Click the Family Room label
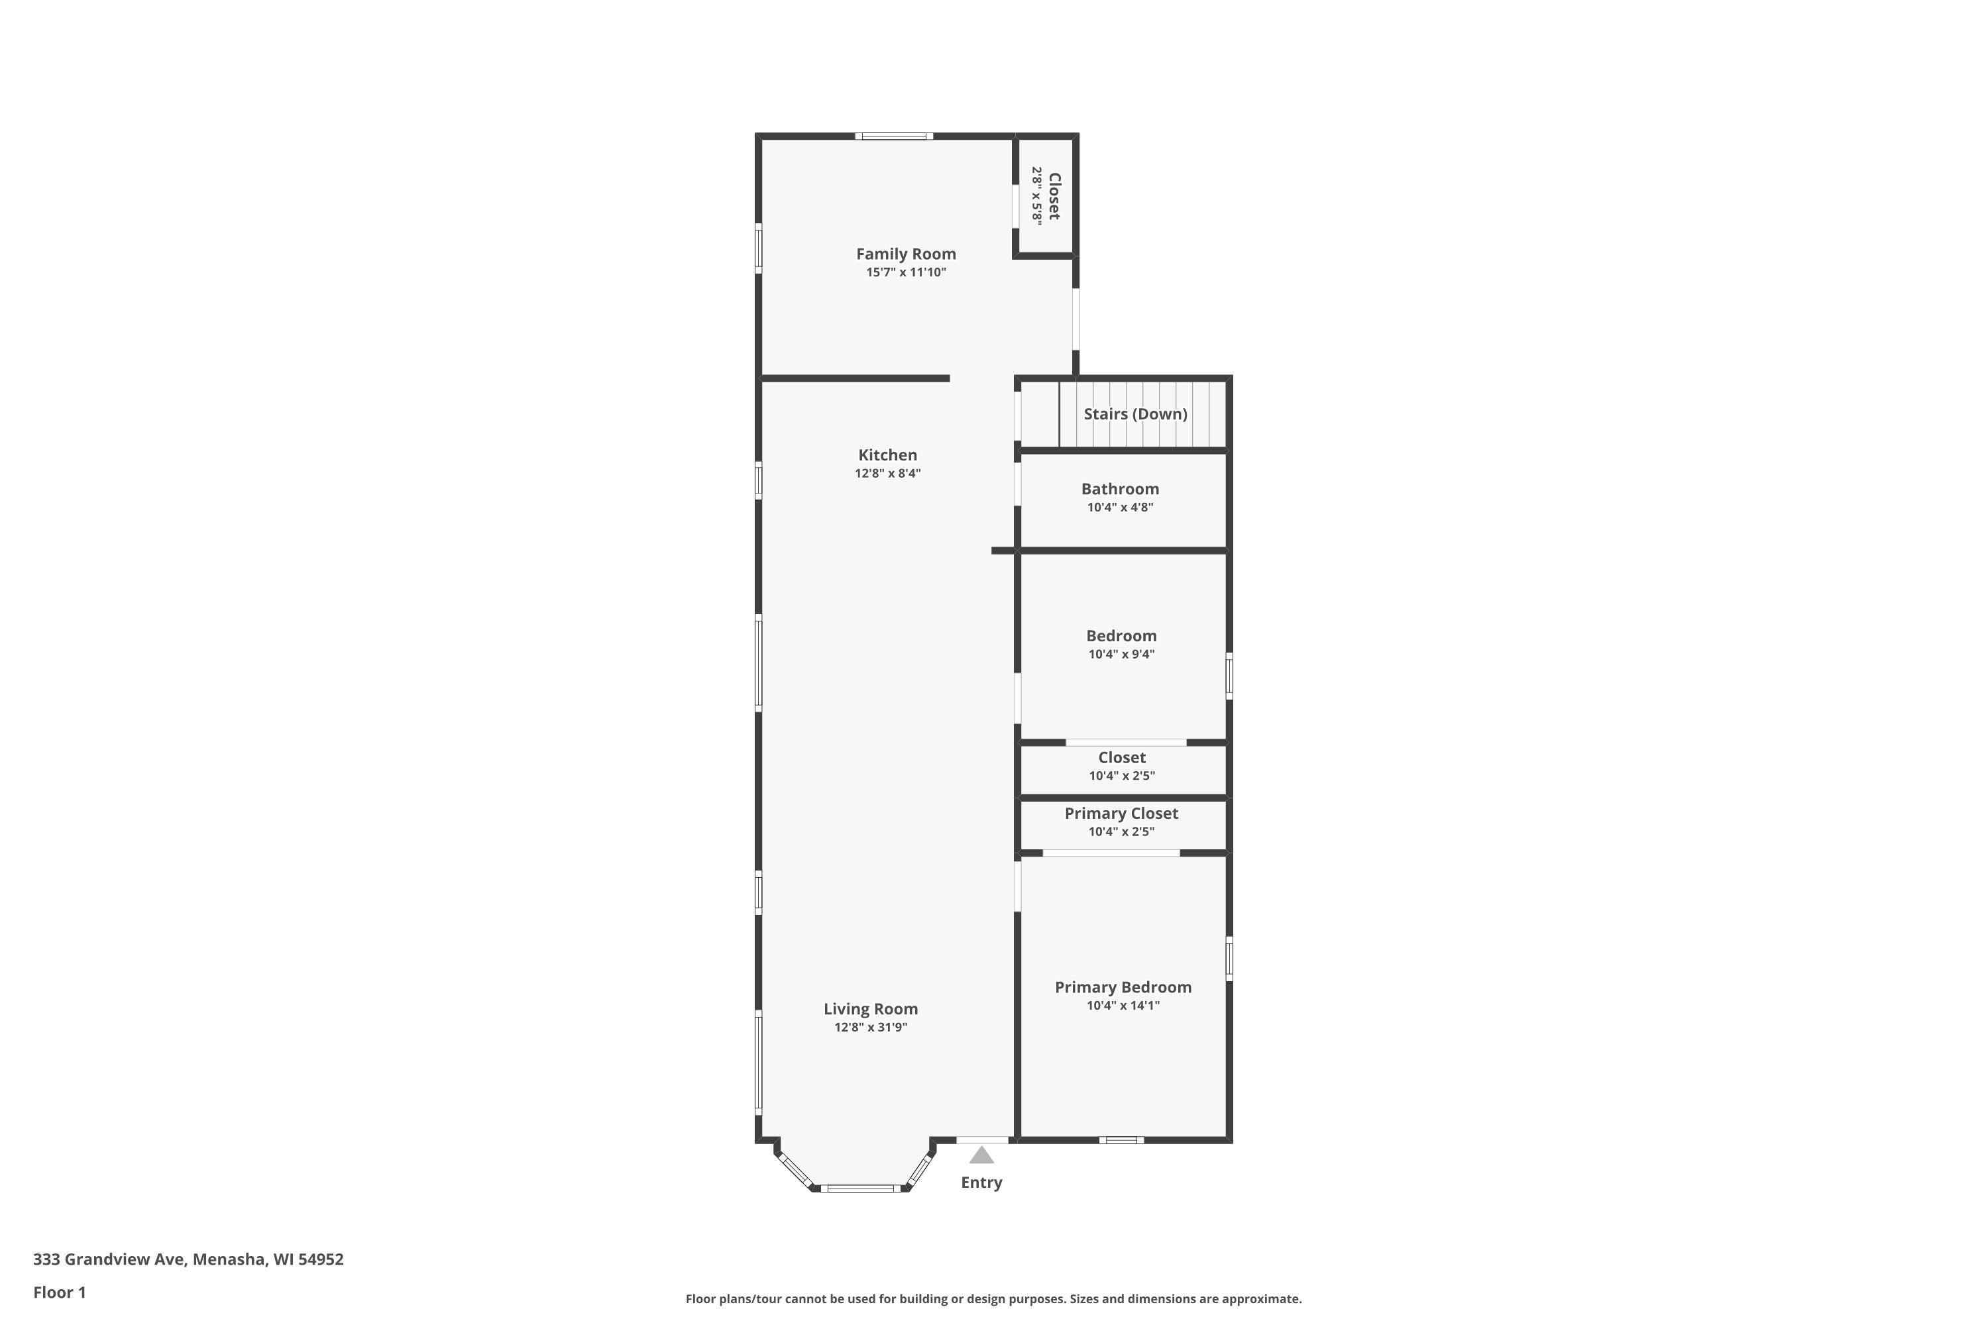click(905, 254)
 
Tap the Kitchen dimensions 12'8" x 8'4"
click(887, 473)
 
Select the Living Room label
click(871, 1009)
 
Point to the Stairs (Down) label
click(1135, 414)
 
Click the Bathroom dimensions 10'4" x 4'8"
click(1120, 507)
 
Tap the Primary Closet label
click(1121, 813)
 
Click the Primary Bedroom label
click(1123, 987)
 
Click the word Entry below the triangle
click(981, 1182)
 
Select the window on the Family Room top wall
click(893, 136)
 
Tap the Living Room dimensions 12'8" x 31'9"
click(871, 1028)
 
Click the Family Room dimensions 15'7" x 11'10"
click(905, 272)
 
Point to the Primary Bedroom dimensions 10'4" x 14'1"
click(1123, 1006)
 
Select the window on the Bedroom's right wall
click(1229, 675)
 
